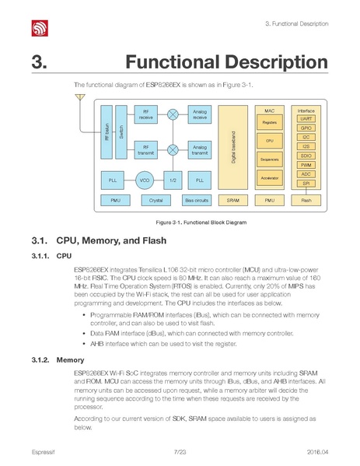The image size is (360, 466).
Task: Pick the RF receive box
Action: [146, 115]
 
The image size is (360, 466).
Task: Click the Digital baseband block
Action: [233, 148]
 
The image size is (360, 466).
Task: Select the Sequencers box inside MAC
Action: [269, 159]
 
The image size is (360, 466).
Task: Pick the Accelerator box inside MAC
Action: [269, 178]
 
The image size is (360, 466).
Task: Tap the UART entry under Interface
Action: [306, 118]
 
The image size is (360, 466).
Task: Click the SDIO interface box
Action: [306, 156]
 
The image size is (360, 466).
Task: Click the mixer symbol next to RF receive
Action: [173, 115]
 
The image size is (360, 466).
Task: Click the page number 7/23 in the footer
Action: [180, 452]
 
